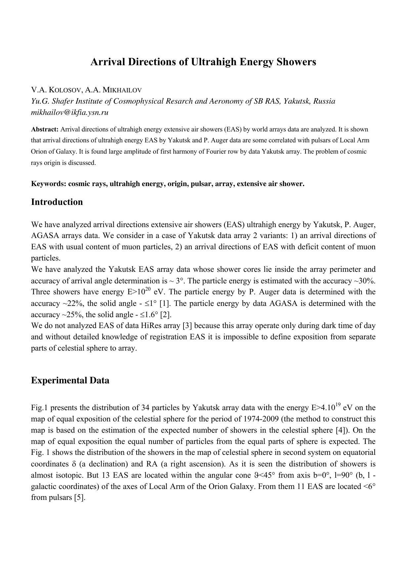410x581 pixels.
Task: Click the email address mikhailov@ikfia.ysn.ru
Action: click(70, 113)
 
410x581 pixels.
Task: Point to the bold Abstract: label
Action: click(45, 129)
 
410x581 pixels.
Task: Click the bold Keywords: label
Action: click(49, 184)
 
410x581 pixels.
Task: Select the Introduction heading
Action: click(57, 202)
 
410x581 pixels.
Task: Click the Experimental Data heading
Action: click(70, 380)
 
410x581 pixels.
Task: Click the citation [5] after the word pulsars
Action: click(80, 498)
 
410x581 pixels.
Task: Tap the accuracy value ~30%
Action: click(365, 281)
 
